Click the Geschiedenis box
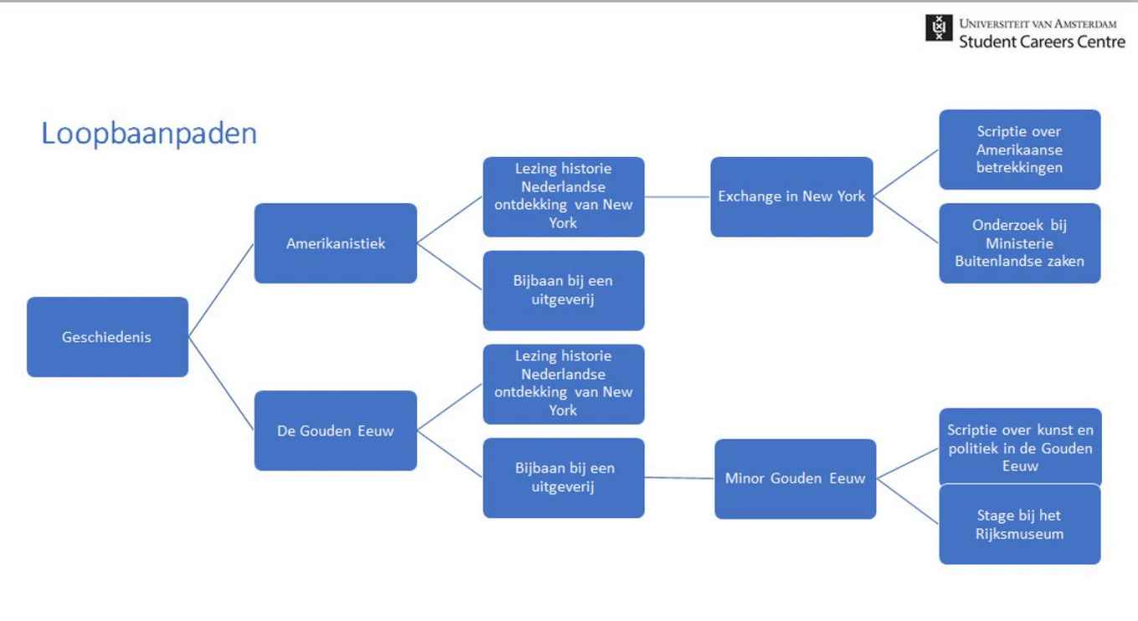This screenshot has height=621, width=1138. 107,337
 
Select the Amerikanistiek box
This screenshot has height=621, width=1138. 336,243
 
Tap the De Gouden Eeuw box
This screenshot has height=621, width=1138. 336,430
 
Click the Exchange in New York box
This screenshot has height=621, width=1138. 792,196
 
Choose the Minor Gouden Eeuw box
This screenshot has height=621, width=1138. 795,479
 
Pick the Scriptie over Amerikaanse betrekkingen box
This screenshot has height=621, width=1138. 1019,150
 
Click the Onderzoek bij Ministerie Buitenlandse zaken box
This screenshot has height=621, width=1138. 1019,243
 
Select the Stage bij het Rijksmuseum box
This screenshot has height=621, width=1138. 1019,525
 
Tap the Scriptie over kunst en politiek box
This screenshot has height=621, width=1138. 1019,447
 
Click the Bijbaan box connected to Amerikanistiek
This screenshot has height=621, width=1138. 563,290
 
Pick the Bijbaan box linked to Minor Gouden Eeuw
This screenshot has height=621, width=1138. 563,477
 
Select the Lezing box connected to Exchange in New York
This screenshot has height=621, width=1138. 563,196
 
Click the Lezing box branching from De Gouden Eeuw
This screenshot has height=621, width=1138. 563,384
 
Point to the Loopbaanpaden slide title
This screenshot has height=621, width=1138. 149,134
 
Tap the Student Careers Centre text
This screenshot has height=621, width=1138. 1042,41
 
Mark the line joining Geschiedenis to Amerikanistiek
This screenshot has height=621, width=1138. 221,290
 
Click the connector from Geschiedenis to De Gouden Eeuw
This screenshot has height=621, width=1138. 221,384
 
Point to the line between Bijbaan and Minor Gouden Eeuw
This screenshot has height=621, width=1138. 679,478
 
